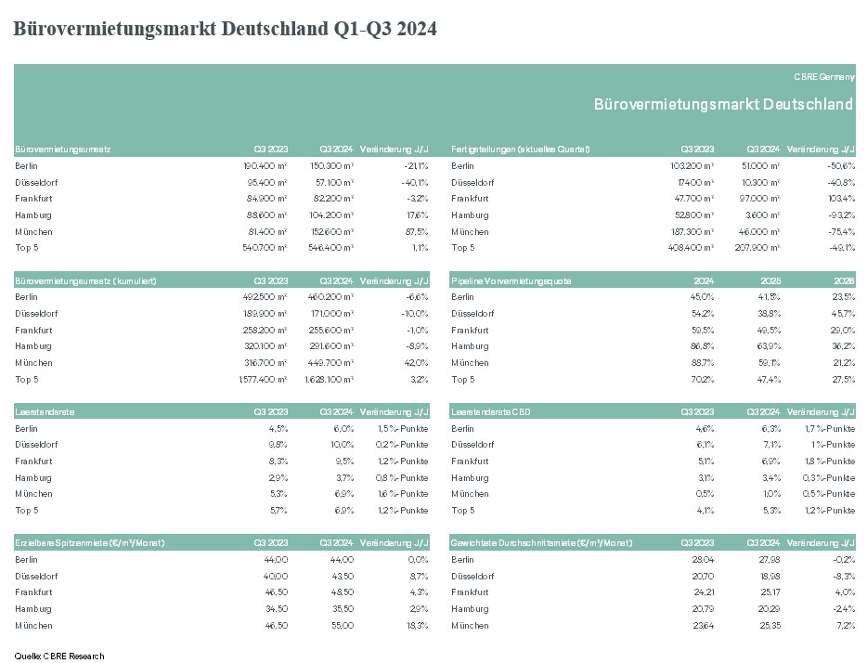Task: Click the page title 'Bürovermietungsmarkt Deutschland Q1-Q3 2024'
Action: coord(225,29)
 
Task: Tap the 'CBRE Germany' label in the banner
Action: coord(824,77)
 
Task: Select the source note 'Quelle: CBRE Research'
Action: coord(59,656)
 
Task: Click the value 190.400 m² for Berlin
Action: coord(265,166)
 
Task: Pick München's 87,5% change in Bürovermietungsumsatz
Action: coord(417,232)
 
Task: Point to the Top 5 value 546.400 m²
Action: coord(330,248)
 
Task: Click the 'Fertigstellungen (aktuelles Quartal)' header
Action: coord(521,149)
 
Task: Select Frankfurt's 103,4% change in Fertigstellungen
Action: coord(842,199)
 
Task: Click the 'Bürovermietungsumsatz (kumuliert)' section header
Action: coord(85,281)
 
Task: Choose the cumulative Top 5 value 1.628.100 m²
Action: coord(329,380)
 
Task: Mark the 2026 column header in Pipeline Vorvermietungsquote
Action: coord(845,281)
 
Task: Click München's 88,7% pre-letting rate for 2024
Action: coord(702,363)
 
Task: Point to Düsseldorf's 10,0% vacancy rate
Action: coord(343,445)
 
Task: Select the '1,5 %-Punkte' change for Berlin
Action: coord(403,429)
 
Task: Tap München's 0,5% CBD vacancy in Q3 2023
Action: coord(705,494)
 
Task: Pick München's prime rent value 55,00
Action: coord(343,626)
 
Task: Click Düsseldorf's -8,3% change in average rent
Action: coord(844,577)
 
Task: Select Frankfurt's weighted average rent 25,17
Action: coord(770,592)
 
